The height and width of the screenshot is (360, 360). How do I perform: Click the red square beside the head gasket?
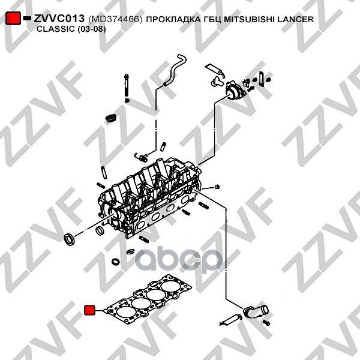point(89,310)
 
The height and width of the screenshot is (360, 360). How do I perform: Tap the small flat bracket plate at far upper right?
point(262,78)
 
